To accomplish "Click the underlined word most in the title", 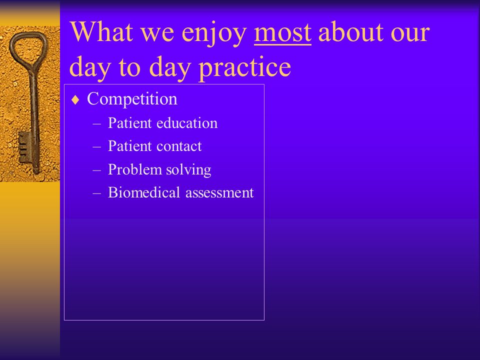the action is coord(282,32).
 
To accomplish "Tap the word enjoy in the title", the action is coord(214,33).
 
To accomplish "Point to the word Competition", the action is coord(132,99).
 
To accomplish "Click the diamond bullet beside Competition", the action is coord(75,100).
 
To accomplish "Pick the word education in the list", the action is coord(187,123).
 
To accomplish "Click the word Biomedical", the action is coord(144,192).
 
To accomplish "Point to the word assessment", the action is coord(219,193).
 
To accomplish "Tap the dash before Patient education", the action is coord(96,123).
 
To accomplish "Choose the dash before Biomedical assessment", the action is coord(96,193).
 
